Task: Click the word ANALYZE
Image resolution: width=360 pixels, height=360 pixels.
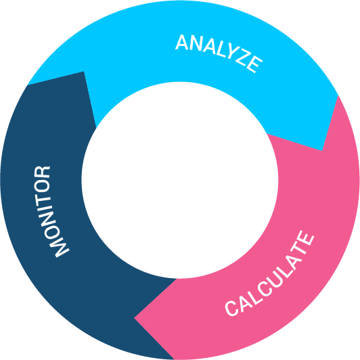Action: coord(219,53)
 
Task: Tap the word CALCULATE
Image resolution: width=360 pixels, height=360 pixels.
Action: coord(269,273)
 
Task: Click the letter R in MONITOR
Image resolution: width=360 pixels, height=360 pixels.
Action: coord(42,172)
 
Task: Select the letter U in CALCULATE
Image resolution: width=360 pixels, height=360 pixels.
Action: coord(275,279)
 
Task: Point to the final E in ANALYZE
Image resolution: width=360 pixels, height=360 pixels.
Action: coord(254,65)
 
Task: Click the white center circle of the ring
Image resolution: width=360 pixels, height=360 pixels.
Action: coord(180,180)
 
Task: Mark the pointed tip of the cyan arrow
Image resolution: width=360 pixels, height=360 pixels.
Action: coord(322,151)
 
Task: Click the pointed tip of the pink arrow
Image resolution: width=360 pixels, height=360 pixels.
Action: coord(134,318)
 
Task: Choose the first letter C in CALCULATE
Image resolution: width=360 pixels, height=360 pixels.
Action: coord(232,308)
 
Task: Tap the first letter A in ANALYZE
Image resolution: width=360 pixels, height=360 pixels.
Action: coord(182,42)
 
